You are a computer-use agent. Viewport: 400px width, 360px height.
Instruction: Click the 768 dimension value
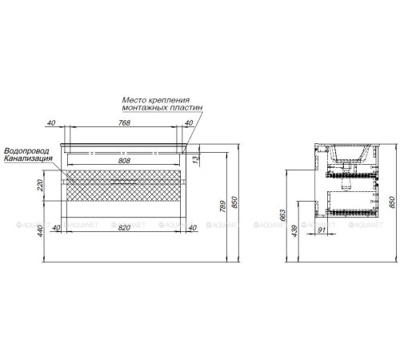pyautogui.click(x=124, y=122)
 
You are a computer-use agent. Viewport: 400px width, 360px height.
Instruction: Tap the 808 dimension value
pyautogui.click(x=124, y=161)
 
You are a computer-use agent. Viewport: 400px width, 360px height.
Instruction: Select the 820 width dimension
pyautogui.click(x=124, y=227)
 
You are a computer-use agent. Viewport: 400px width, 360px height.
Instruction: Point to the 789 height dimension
pyautogui.click(x=223, y=206)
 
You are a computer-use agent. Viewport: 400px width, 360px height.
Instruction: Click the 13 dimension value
pyautogui.click(x=196, y=159)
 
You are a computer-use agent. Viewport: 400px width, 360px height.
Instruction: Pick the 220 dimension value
pyautogui.click(x=40, y=186)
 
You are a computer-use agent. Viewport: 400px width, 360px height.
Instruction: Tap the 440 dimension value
pyautogui.click(x=40, y=231)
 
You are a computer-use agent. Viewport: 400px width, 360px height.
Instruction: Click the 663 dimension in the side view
pyautogui.click(x=282, y=215)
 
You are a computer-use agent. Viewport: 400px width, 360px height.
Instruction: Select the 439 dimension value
pyautogui.click(x=294, y=231)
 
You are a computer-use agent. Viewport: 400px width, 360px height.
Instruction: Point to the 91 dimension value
pyautogui.click(x=322, y=230)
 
